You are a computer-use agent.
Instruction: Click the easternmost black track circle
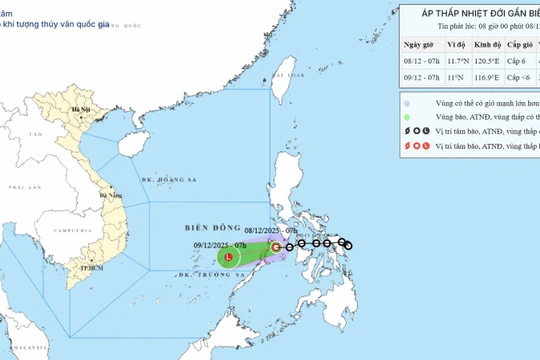pyautogui.click(x=348, y=245)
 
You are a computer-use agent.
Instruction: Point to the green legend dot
pyautogui.click(x=407, y=116)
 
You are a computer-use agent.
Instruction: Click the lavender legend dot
pyautogui.click(x=407, y=102)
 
